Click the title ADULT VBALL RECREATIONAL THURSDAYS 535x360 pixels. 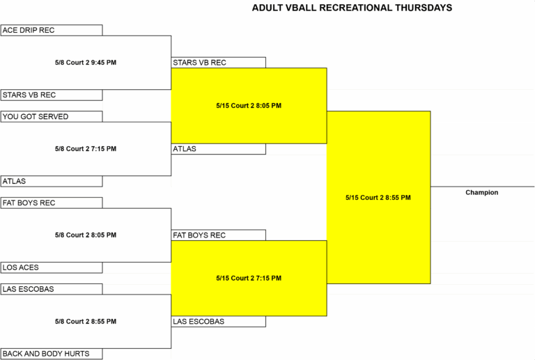(352, 8)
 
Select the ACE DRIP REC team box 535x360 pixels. (51, 30)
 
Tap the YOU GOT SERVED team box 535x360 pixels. (51, 116)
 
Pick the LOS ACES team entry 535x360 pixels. (51, 267)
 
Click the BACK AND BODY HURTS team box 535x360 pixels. (51, 354)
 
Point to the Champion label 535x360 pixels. (482, 193)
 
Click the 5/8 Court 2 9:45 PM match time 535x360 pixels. (86, 63)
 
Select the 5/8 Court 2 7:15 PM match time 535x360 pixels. (86, 148)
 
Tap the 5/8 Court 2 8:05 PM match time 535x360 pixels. (86, 235)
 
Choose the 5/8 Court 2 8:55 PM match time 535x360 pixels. (86, 322)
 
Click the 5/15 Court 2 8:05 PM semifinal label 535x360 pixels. (249, 106)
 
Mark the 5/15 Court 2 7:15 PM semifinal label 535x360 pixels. (249, 279)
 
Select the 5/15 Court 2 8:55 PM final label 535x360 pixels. (378, 198)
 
